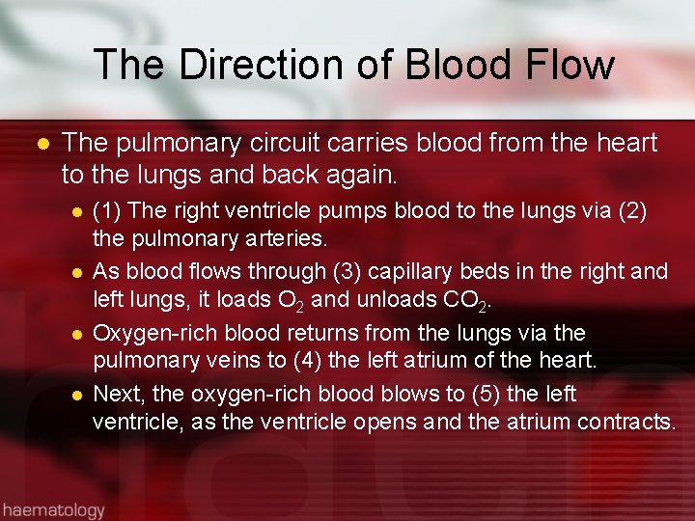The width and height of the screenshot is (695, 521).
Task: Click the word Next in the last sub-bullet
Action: (116, 394)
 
